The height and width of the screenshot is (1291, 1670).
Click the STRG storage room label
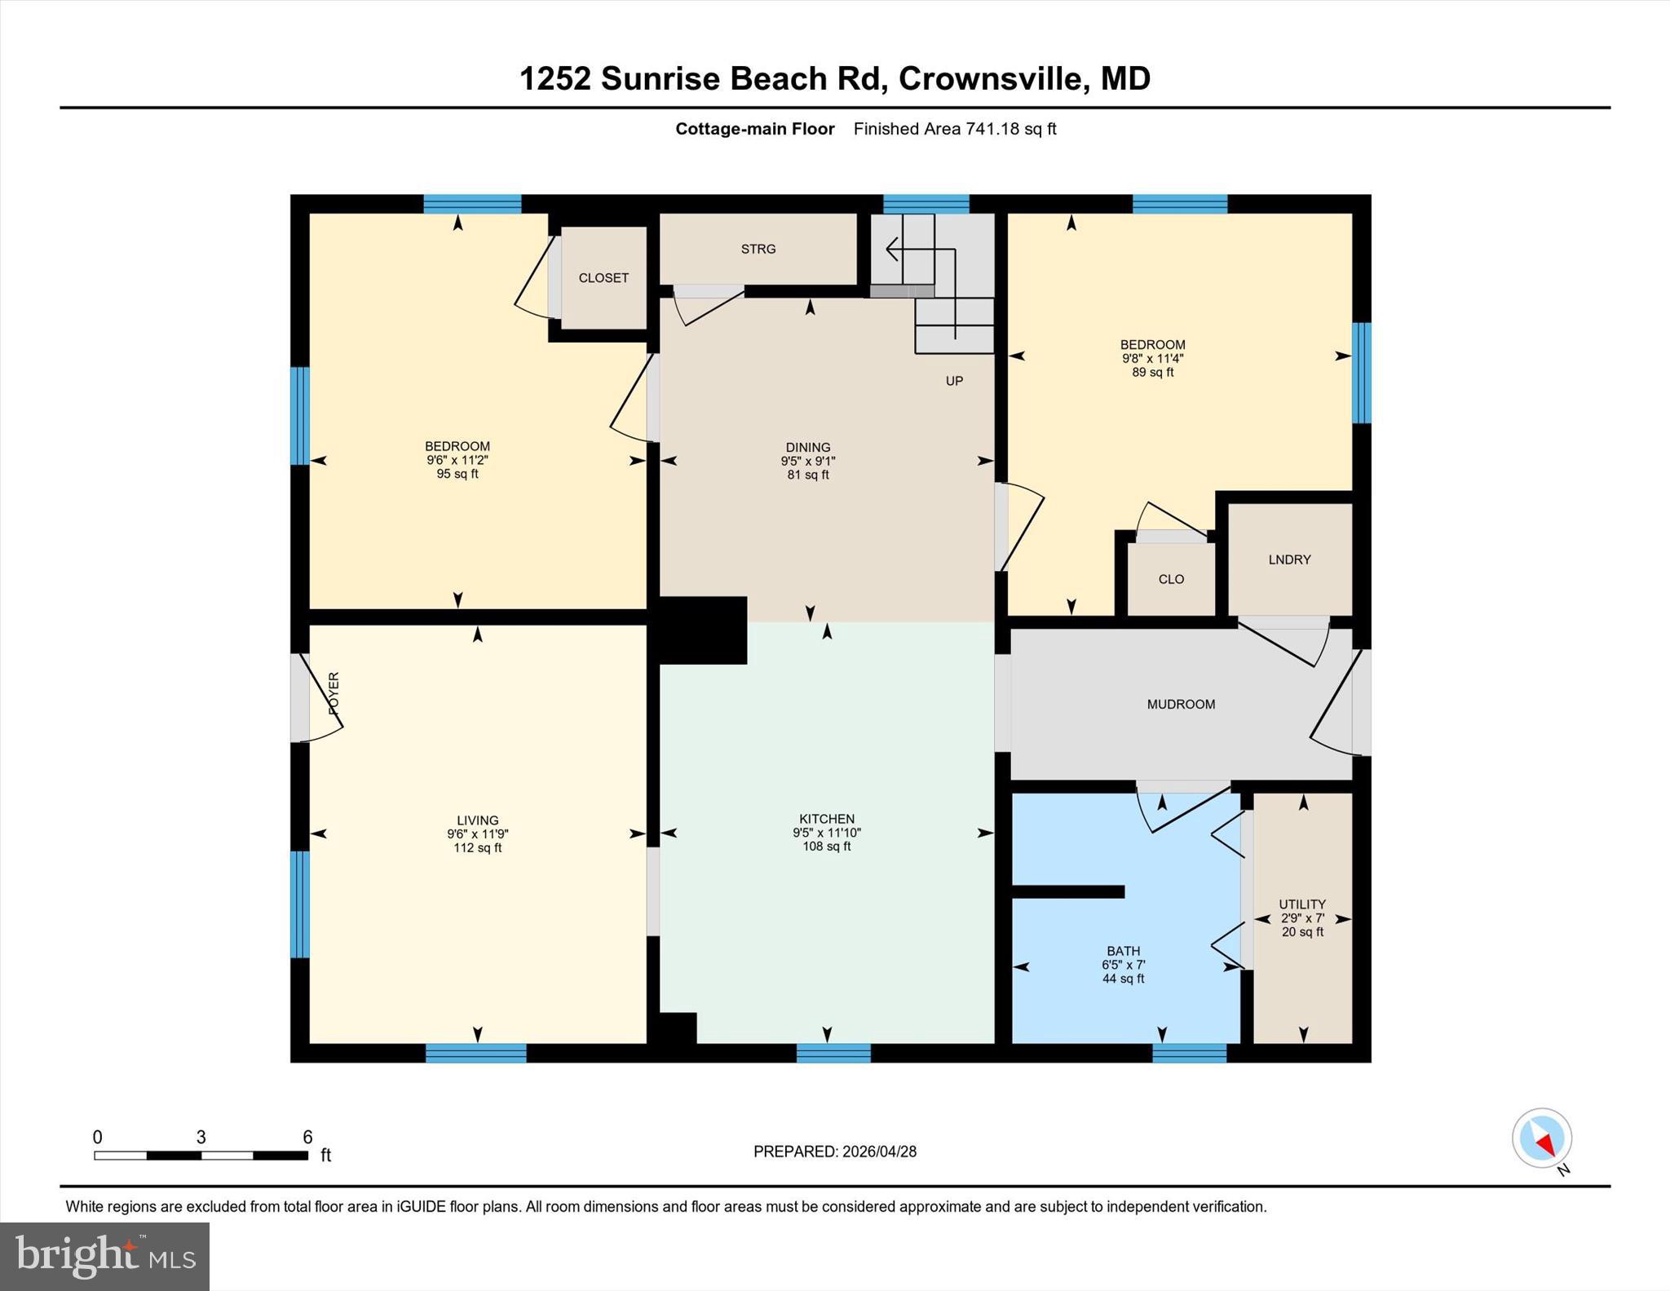[758, 249]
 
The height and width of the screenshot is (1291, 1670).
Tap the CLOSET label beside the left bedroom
[603, 278]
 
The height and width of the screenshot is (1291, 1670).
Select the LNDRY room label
[1289, 559]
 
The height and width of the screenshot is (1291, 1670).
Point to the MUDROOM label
[1181, 704]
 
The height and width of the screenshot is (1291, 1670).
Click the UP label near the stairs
[954, 381]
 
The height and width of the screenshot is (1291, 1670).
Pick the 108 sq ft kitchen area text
[827, 847]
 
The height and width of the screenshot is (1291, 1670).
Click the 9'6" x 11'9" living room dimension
[478, 834]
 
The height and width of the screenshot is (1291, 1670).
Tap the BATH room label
[1123, 951]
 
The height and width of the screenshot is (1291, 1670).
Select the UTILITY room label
[1302, 904]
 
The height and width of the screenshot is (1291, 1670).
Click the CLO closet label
[1171, 579]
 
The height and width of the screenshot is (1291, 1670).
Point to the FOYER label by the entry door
[334, 694]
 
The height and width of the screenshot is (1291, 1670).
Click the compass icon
[1542, 1138]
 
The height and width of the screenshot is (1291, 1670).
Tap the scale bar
[201, 1155]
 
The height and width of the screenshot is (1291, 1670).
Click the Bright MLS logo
[104, 1256]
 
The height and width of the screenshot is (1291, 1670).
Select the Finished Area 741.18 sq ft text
[955, 129]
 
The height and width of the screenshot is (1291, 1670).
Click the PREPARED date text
[834, 1152]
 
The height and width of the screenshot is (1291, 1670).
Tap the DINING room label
[808, 447]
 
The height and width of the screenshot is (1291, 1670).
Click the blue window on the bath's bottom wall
[1189, 1053]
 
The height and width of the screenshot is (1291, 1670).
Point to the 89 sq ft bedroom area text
[1152, 373]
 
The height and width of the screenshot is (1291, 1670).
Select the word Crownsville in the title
[991, 78]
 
